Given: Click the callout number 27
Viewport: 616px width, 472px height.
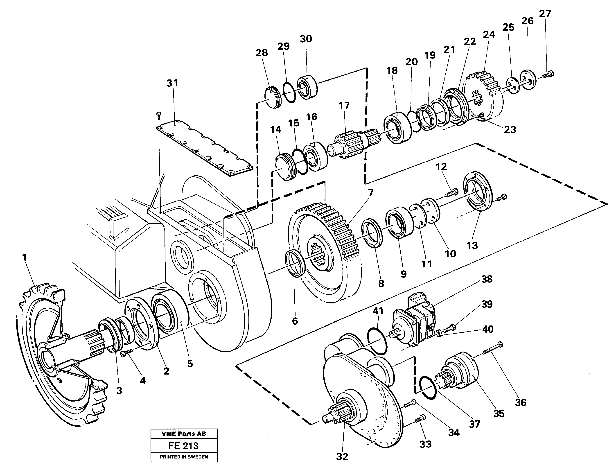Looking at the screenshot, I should point(545,14).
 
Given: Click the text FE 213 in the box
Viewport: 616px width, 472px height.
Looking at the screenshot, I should point(183,446).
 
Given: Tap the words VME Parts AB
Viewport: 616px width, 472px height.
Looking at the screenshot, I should point(184,434).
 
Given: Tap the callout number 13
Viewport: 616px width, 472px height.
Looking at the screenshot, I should point(472,245).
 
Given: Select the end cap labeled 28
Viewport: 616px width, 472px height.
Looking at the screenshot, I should point(273,97).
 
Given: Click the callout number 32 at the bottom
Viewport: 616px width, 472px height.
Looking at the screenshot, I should point(342,457).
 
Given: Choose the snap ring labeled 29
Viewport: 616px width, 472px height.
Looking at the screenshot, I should point(289,93).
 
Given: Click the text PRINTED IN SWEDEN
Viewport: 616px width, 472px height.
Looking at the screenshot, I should point(184,457).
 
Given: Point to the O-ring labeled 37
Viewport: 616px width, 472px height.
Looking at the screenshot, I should point(427,387).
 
